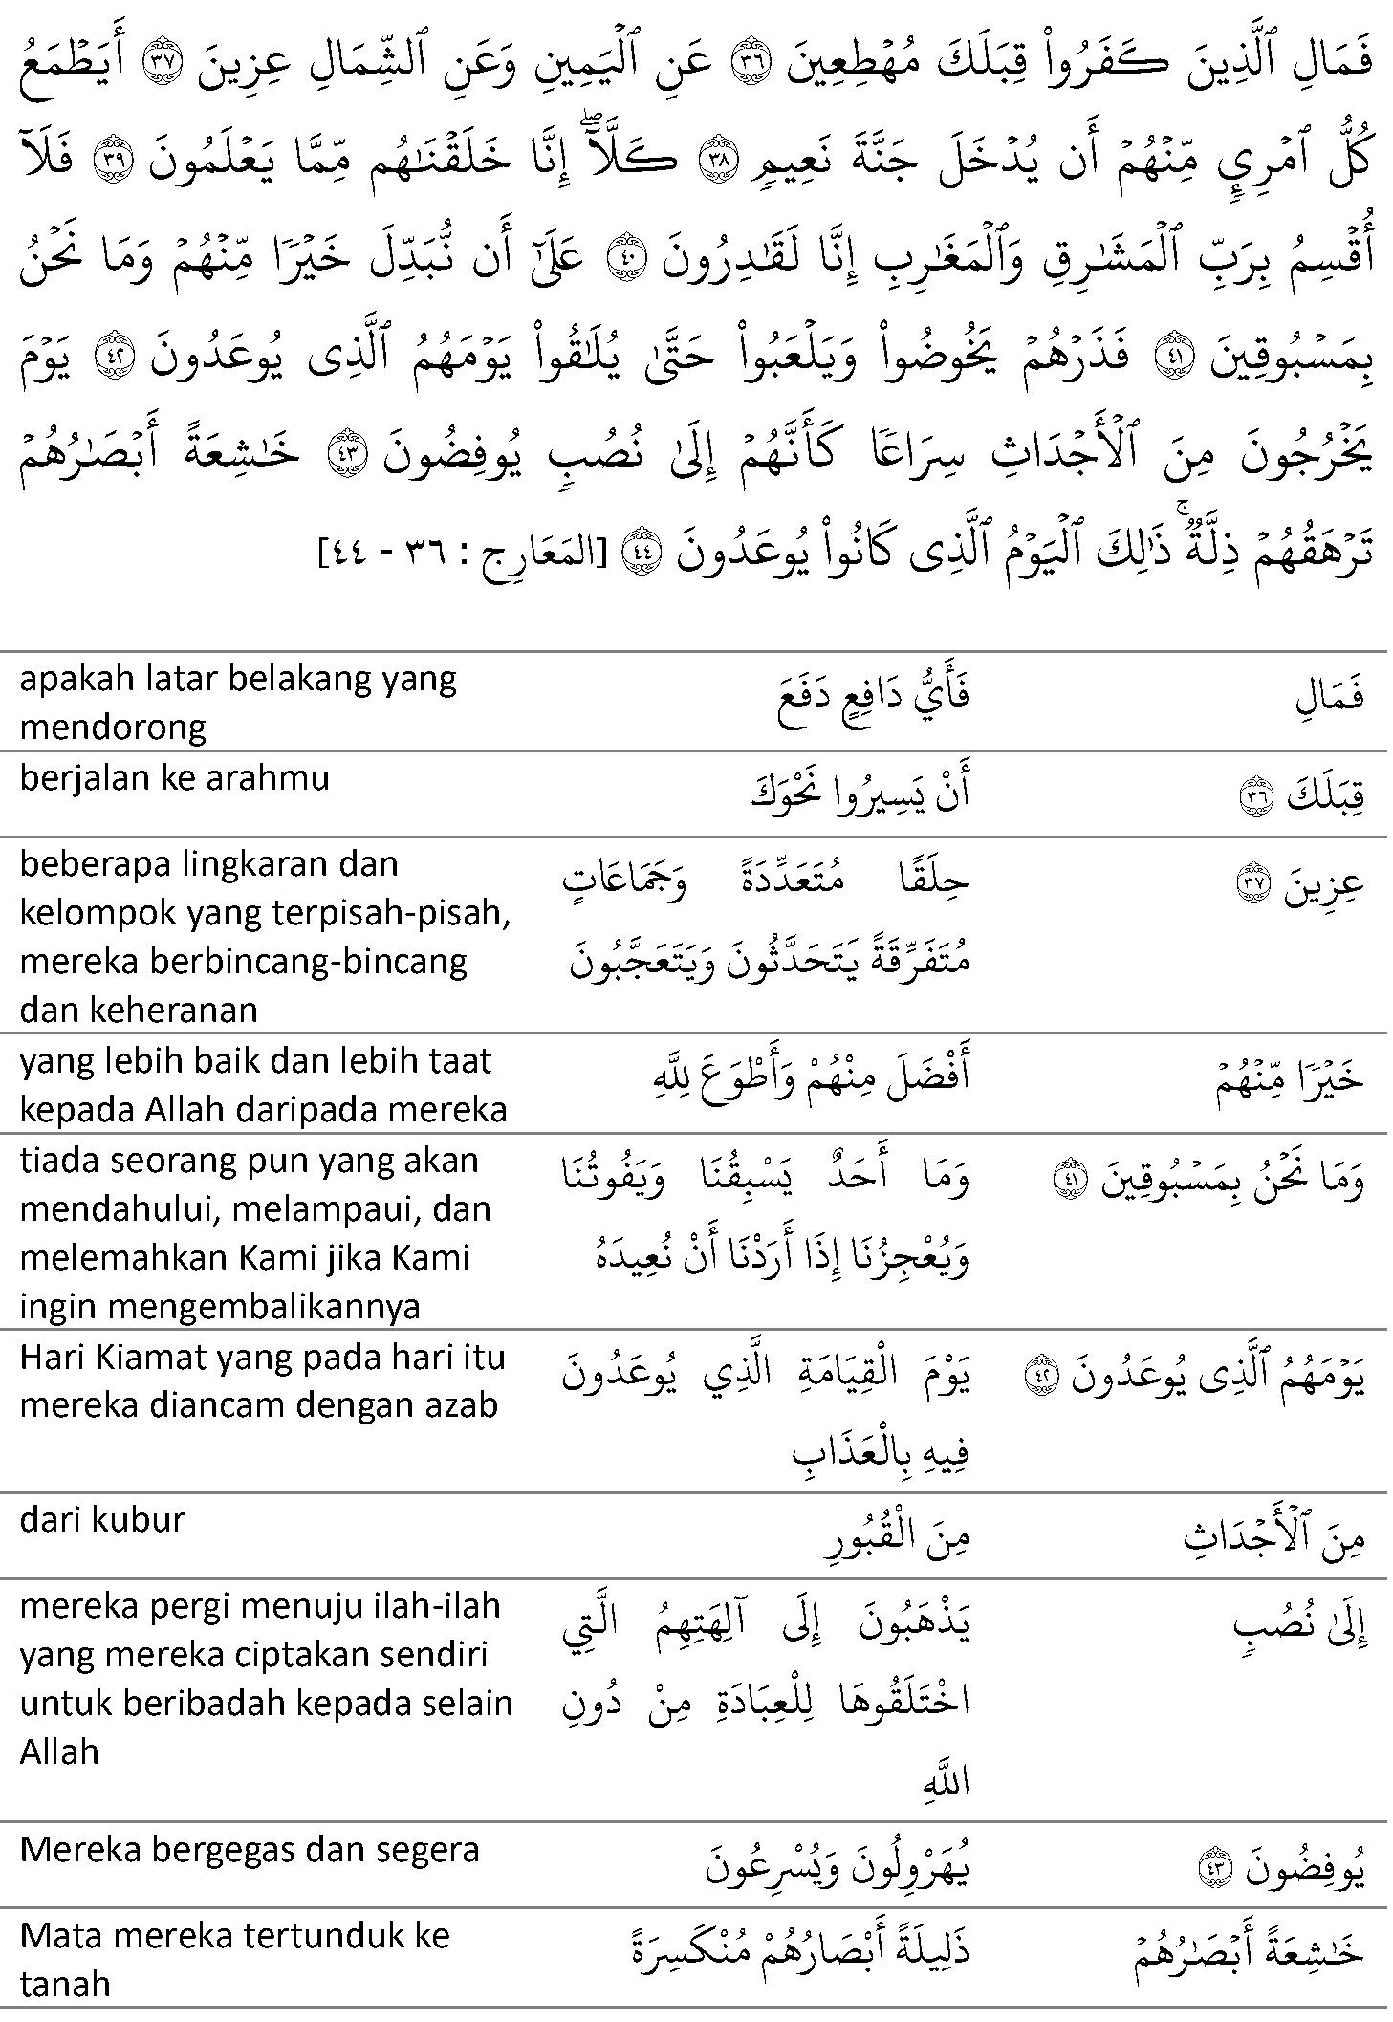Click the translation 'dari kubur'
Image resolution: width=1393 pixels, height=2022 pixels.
coord(101,1521)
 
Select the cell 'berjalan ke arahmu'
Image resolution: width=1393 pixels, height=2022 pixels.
coord(174,777)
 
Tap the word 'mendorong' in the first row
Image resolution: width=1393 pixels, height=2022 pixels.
coord(113,728)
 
